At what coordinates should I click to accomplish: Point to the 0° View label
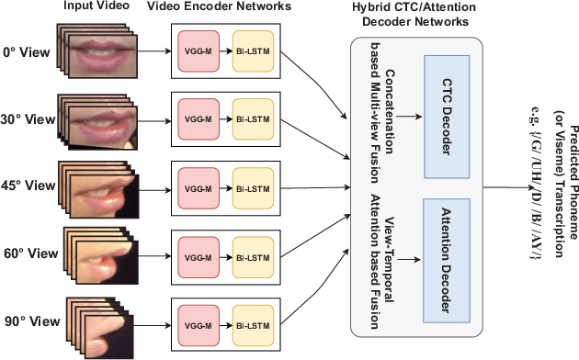(27, 52)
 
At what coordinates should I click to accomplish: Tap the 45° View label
(27, 184)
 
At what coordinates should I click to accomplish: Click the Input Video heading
(89, 7)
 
